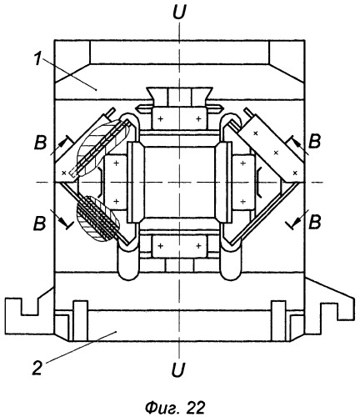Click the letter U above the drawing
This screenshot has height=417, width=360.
tap(179, 13)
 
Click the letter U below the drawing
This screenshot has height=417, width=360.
tap(178, 369)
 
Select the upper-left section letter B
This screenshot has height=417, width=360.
tap(40, 143)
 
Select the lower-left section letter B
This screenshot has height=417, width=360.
tap(39, 223)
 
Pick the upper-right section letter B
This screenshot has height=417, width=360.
tap(314, 141)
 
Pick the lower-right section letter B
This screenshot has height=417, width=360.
tap(315, 222)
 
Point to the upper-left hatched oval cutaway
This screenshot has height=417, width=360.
tap(102, 148)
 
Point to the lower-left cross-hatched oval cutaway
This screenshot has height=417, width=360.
tap(97, 219)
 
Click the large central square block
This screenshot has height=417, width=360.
tap(180, 182)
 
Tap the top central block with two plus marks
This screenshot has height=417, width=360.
tap(179, 118)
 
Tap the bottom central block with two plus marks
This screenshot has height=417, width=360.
tap(179, 246)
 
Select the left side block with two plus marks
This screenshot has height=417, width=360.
tap(115, 183)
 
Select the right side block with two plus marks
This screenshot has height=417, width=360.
tap(243, 183)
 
